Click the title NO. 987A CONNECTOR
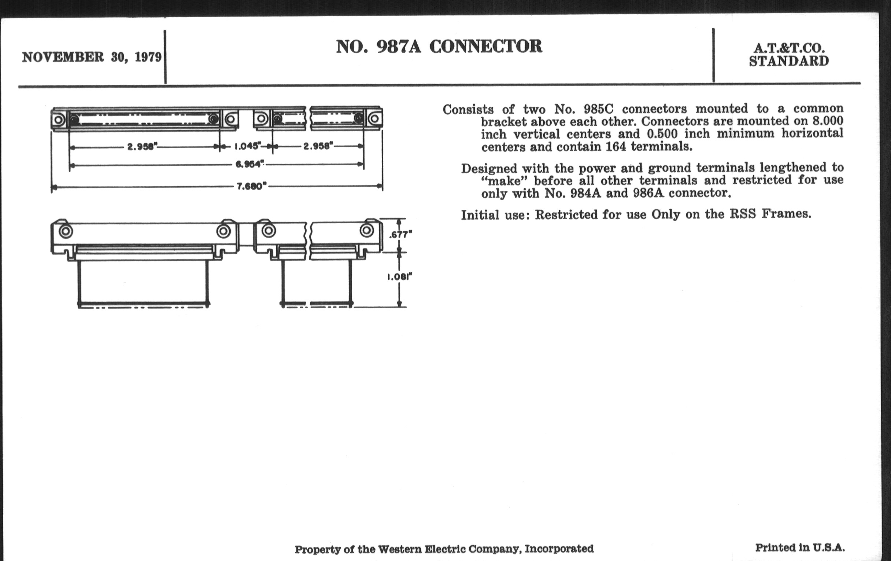point(439,47)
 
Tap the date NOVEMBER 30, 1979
point(92,58)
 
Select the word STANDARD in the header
point(789,62)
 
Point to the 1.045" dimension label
point(248,146)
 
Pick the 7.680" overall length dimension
point(252,186)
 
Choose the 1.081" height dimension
point(400,276)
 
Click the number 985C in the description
point(597,109)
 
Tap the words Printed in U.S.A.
point(800,548)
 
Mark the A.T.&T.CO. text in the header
point(789,48)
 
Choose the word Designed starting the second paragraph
point(489,169)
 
